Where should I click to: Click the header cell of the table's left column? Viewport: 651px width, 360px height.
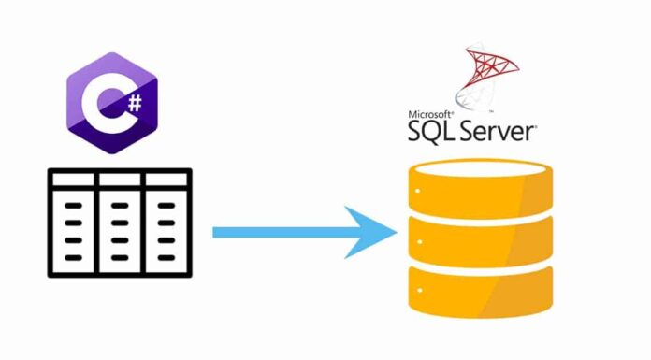[72, 180]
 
